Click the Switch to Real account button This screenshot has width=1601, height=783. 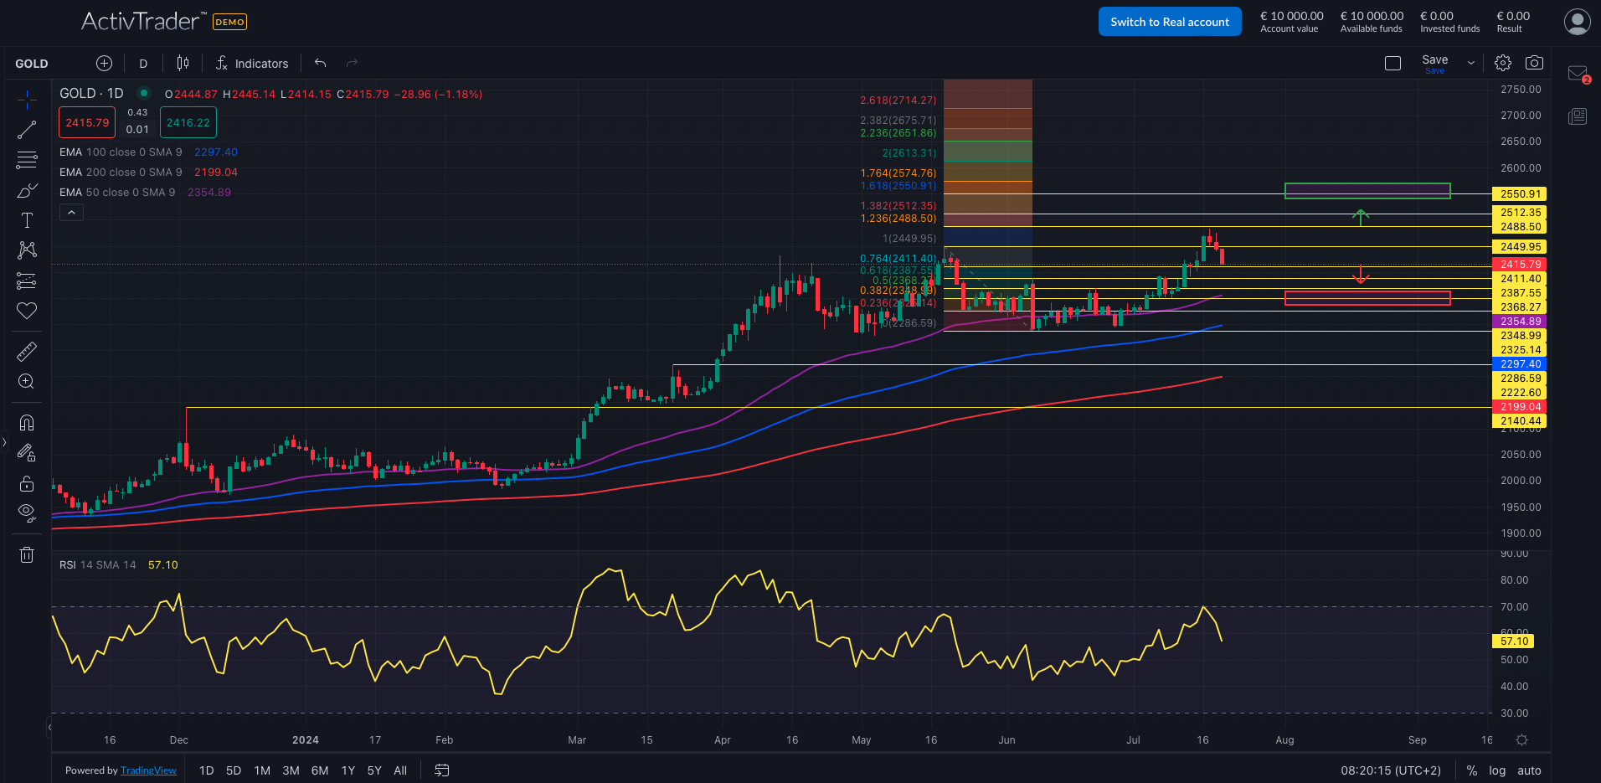1169,22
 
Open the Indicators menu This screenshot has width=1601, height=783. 252,64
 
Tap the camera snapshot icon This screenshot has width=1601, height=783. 1534,63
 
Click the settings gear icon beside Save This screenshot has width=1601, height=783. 1503,63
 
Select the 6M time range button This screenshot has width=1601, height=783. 319,770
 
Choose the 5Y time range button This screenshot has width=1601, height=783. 374,770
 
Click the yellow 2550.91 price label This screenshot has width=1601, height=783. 1520,194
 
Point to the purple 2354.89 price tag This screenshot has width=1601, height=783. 1520,322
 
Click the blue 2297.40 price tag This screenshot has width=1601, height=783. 1520,364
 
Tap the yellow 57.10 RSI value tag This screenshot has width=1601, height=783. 1514,641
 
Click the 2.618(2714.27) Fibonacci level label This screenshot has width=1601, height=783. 898,100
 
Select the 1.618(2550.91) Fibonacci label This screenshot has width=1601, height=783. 898,186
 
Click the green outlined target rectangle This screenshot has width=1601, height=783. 1367,191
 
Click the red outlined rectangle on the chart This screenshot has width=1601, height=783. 1367,298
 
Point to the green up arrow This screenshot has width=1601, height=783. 1361,217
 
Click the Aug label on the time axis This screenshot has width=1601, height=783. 1284,740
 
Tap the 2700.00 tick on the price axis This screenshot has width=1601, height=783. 1521,116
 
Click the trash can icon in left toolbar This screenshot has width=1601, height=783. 27,554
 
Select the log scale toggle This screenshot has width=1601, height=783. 1497,770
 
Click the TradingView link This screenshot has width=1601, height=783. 148,770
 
